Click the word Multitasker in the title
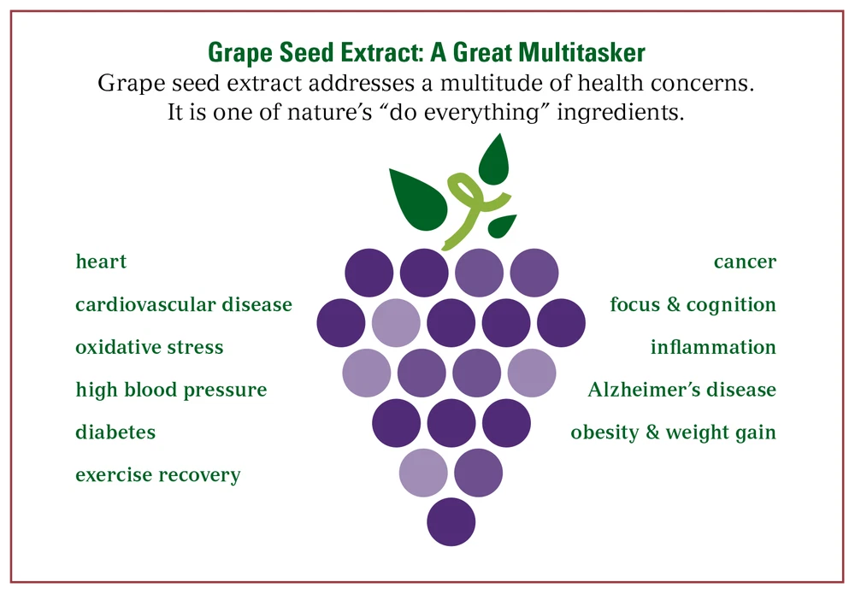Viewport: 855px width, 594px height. pos(581,53)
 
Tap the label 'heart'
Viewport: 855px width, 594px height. pos(101,262)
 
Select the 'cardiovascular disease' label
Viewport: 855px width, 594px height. pos(184,304)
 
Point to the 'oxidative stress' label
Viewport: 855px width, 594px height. pos(150,347)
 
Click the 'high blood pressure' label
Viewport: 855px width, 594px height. pos(171,391)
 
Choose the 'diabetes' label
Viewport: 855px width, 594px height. pos(115,432)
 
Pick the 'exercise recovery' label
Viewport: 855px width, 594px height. pos(158,475)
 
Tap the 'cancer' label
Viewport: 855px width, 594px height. pos(745,262)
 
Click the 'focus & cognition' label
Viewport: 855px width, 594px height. pos(693,304)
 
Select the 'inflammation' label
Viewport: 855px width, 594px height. pos(713,347)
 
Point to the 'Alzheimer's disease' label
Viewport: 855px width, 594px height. pos(682,389)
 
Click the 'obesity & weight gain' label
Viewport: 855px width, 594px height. pos(674,432)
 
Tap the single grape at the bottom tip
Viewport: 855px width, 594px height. pos(451,521)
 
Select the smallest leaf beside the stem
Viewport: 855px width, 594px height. pos(502,226)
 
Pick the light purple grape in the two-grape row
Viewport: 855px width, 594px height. pos(423,473)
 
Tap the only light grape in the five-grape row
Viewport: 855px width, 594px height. pos(396,322)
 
